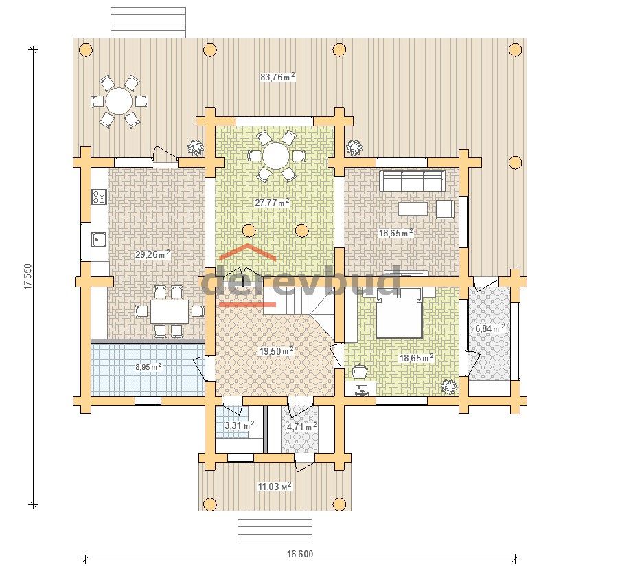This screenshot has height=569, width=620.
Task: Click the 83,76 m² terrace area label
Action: point(277,77)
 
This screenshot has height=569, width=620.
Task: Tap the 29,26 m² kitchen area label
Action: point(152,254)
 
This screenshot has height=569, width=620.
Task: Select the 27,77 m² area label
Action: point(272,203)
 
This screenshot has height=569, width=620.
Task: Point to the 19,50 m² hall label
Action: point(277,351)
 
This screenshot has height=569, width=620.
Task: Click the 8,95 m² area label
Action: point(148,367)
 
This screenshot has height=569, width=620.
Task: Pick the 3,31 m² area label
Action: point(239,426)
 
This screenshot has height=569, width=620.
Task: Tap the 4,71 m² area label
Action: point(302,427)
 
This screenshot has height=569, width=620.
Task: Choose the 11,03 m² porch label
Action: point(275,487)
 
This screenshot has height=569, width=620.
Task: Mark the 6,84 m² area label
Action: point(490,328)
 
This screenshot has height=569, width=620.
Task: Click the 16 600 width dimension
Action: point(300,554)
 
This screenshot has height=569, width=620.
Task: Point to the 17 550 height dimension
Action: point(27,276)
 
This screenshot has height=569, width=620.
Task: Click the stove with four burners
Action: point(100,197)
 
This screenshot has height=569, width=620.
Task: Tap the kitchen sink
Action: point(99,238)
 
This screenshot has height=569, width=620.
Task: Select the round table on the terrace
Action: point(119,101)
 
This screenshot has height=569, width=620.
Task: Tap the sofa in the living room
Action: point(413,181)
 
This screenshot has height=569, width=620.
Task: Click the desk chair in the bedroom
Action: point(360,371)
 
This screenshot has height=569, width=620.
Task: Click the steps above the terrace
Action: point(148,23)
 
